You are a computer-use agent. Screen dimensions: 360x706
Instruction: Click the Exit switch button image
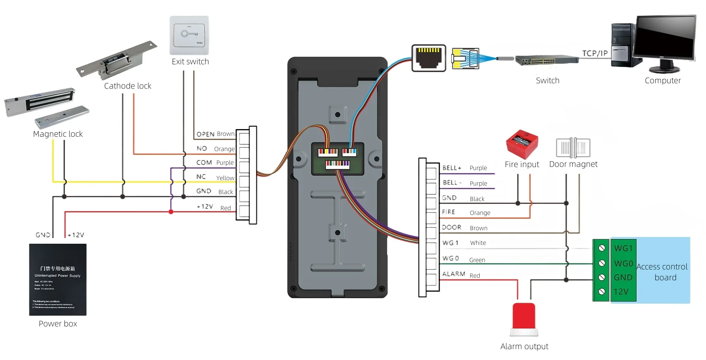[x=189, y=35]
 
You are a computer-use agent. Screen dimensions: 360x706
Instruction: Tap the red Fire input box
[x=522, y=144]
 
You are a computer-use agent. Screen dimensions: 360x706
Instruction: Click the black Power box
[x=58, y=280]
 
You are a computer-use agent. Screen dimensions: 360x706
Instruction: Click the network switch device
[x=547, y=61]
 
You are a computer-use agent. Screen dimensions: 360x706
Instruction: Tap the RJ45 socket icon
[x=429, y=58]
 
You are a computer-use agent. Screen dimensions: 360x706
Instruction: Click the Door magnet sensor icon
[x=573, y=148]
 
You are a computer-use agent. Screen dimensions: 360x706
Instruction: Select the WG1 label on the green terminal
[x=623, y=248]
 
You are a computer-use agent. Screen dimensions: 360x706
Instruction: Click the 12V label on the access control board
[x=621, y=292]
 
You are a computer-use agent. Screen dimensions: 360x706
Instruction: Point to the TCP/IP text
[x=595, y=53]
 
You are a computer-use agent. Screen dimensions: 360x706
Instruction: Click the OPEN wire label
[x=205, y=134]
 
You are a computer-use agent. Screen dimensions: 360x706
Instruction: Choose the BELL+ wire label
[x=452, y=168]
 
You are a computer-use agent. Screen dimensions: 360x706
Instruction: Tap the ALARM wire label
[x=454, y=274]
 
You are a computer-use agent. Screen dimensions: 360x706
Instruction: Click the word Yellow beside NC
[x=225, y=178]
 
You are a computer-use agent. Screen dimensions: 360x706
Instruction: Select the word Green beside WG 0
[x=477, y=260]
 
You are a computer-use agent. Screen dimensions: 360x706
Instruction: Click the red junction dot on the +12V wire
[x=171, y=212]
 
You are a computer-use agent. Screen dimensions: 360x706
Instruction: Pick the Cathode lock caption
[x=128, y=86]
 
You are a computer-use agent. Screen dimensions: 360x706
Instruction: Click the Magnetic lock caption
[x=58, y=134]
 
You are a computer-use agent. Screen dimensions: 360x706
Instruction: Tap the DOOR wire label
[x=452, y=227]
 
